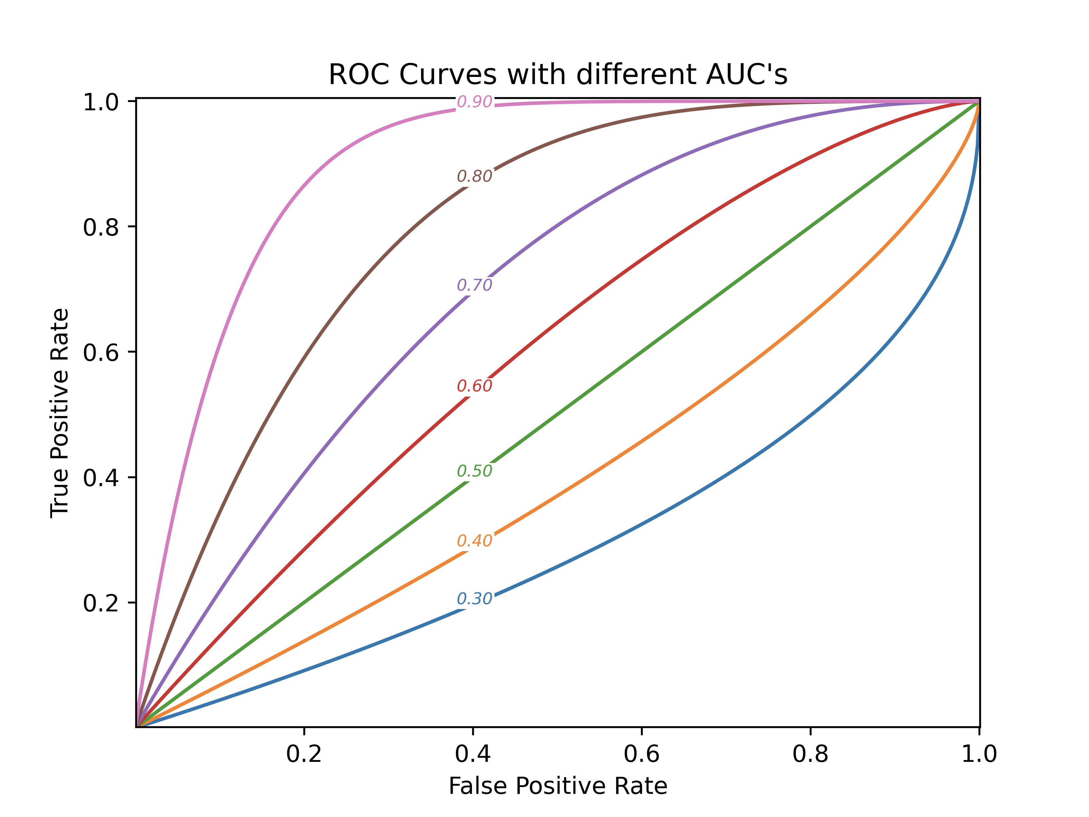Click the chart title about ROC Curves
(x=558, y=75)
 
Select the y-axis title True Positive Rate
(x=60, y=413)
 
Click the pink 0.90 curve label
(x=475, y=101)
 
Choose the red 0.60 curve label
(x=475, y=386)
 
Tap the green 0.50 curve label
(x=475, y=471)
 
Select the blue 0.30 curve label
(x=475, y=598)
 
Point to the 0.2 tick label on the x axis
(x=304, y=754)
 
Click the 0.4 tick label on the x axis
(x=473, y=754)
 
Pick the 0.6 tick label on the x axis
(x=642, y=754)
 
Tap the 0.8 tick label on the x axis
(x=810, y=754)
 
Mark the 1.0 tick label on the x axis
(x=979, y=754)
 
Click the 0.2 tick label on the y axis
(x=101, y=603)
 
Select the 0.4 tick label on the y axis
(x=101, y=477)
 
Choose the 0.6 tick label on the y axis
(x=101, y=352)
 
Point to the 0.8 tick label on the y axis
(x=101, y=227)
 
